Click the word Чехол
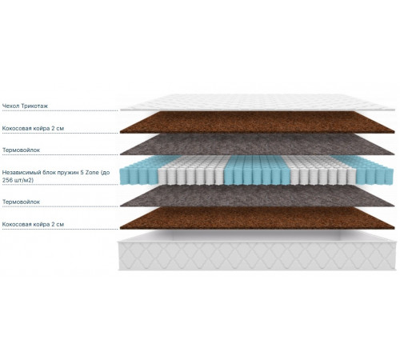point(11,106)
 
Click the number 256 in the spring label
point(7,180)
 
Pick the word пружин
point(68,173)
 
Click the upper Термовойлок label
point(21,150)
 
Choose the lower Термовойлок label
point(21,202)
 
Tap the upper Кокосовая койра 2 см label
point(33,128)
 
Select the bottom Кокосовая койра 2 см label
point(33,224)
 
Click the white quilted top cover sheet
point(258,102)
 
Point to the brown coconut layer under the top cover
point(258,122)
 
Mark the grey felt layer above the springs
point(258,144)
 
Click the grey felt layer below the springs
point(258,196)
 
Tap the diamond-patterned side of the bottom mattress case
point(258,256)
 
